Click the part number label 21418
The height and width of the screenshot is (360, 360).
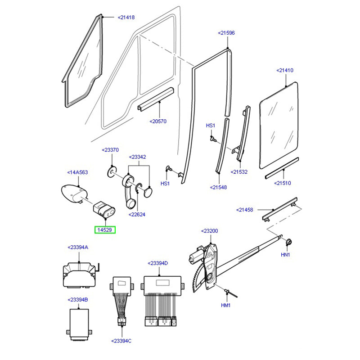[126, 18]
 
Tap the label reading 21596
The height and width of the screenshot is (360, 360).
[226, 33]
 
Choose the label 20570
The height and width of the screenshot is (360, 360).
[158, 121]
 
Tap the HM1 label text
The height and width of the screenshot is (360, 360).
[225, 306]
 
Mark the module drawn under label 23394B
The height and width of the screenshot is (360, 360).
[79, 321]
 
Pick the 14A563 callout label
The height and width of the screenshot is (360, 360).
[77, 172]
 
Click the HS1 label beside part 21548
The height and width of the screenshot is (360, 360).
[211, 125]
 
